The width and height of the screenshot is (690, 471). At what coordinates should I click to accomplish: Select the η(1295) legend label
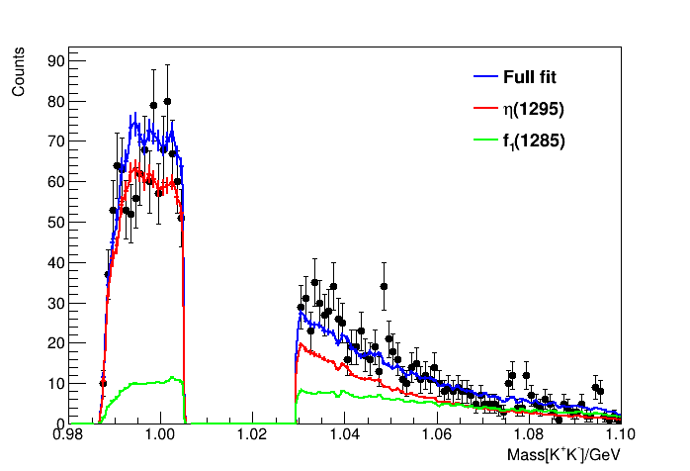pyautogui.click(x=533, y=109)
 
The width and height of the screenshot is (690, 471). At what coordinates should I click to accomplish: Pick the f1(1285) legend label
pyautogui.click(x=534, y=141)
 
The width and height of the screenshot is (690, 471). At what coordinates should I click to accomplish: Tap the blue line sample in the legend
pyautogui.click(x=483, y=77)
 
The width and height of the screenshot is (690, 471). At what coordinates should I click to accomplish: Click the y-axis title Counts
pyautogui.click(x=18, y=75)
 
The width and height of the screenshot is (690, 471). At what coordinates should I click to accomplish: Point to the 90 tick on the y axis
pyautogui.click(x=56, y=61)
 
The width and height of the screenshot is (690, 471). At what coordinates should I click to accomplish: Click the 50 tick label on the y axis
pyautogui.click(x=56, y=223)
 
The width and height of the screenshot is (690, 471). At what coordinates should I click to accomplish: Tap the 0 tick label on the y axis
pyautogui.click(x=60, y=424)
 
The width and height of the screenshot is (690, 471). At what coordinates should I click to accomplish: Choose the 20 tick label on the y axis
pyautogui.click(x=56, y=343)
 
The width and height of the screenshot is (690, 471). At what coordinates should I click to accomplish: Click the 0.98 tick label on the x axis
pyautogui.click(x=68, y=436)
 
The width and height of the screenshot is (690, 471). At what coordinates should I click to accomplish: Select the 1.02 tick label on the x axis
pyautogui.click(x=252, y=436)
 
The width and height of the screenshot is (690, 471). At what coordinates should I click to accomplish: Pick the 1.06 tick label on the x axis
pyautogui.click(x=436, y=436)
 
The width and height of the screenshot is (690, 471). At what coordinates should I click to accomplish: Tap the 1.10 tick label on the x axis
pyautogui.click(x=619, y=436)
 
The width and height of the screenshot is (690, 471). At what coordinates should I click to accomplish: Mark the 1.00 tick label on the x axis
pyautogui.click(x=160, y=436)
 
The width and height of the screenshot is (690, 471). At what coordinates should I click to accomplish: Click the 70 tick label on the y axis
pyautogui.click(x=56, y=141)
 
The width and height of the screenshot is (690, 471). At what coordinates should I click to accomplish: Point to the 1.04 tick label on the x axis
pyautogui.click(x=344, y=436)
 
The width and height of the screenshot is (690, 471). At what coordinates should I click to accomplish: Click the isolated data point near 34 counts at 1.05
pyautogui.click(x=384, y=287)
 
